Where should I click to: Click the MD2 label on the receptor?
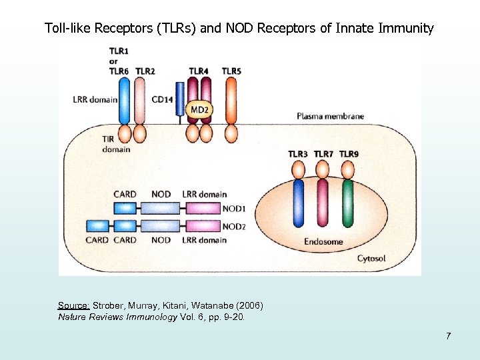pyautogui.click(x=199, y=109)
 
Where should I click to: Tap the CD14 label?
pyautogui.click(x=162, y=99)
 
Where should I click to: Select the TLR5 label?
pyautogui.click(x=232, y=71)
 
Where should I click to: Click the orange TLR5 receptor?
pyautogui.click(x=231, y=100)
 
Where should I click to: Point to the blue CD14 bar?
pyautogui.click(x=179, y=100)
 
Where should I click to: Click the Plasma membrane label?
pyautogui.click(x=330, y=116)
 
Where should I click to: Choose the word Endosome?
pyautogui.click(x=324, y=241)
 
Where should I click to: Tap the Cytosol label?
pyautogui.click(x=371, y=258)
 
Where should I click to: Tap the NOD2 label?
pyautogui.click(x=233, y=227)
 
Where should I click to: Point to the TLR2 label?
pyautogui.click(x=145, y=71)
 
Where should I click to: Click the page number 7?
pyautogui.click(x=449, y=335)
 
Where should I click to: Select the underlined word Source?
pyautogui.click(x=73, y=305)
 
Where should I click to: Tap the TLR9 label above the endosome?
pyautogui.click(x=349, y=154)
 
